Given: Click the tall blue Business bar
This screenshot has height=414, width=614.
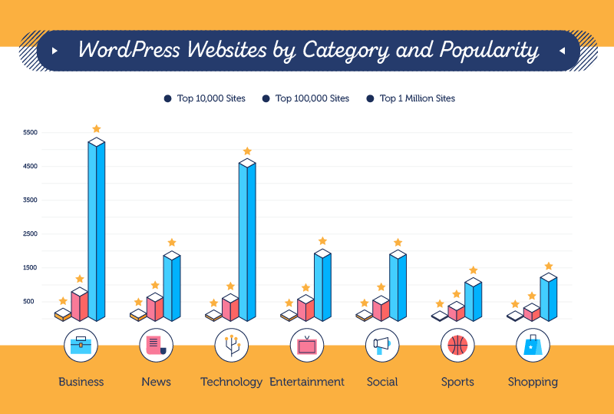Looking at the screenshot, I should (x=97, y=230).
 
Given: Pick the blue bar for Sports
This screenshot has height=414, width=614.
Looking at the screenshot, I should (x=473, y=301).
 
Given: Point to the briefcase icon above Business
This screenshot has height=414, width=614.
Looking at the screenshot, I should (x=81, y=346).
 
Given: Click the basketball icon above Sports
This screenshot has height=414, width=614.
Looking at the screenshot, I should (x=457, y=346).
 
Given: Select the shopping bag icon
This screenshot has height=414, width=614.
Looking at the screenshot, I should (x=533, y=346).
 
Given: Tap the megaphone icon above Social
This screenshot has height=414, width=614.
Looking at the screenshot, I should (x=382, y=346).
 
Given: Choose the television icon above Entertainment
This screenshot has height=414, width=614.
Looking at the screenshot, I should (x=307, y=346).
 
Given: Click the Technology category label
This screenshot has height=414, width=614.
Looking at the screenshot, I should (x=231, y=382).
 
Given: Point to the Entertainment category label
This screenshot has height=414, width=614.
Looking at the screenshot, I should (x=307, y=382).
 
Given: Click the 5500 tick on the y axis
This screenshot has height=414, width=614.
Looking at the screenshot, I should (x=30, y=133).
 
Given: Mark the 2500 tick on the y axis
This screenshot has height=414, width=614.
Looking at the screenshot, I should (x=30, y=234).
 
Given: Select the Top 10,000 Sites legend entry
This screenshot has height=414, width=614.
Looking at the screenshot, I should (x=205, y=98).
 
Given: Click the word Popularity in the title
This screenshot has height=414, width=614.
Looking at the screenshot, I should (x=489, y=51).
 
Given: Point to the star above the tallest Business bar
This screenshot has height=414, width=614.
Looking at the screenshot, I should (x=96, y=129).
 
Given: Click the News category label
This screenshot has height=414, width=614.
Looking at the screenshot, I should (x=156, y=382).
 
